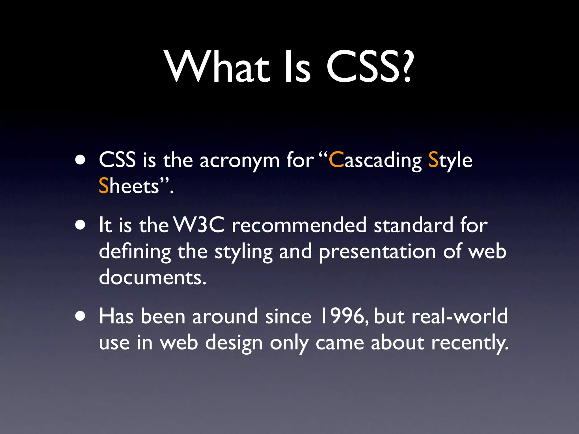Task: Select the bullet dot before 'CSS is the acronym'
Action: (81, 160)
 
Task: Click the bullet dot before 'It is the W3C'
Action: (81, 225)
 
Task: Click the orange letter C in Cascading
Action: (336, 160)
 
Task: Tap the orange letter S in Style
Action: (433, 160)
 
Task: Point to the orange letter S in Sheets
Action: (104, 186)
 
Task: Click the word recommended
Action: (299, 225)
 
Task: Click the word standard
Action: (414, 225)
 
